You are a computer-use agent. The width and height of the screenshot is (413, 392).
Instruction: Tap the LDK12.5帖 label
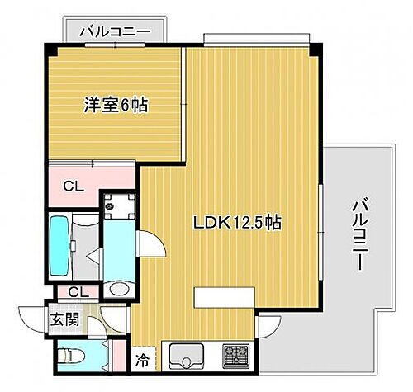(x=232, y=224)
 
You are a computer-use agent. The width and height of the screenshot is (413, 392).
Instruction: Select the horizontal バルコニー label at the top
(x=115, y=31)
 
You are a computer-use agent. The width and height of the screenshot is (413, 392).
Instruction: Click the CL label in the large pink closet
(x=74, y=185)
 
